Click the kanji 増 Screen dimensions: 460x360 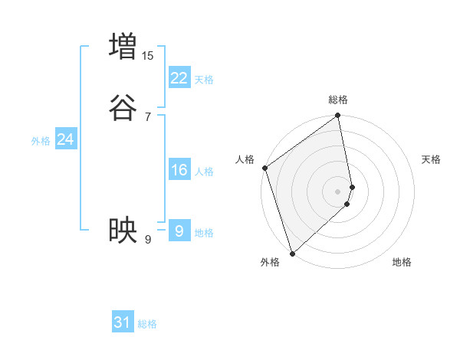[123, 46]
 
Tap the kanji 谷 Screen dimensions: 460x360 [123, 106]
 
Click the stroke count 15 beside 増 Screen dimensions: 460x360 [147, 56]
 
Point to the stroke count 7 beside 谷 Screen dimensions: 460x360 [148, 117]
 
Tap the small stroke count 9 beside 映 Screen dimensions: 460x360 [148, 241]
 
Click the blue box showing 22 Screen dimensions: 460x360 [179, 77]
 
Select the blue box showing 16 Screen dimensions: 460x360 [179, 169]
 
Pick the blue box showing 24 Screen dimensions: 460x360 [66, 139]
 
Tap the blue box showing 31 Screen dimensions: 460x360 [123, 322]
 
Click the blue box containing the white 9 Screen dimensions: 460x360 [179, 231]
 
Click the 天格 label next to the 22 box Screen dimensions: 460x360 [204, 80]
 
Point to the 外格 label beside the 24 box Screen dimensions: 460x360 [41, 141]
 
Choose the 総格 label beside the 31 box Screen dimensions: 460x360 [147, 325]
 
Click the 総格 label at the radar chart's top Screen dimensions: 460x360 [338, 100]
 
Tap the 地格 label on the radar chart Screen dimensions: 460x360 [402, 263]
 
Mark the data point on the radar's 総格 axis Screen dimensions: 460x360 [338, 116]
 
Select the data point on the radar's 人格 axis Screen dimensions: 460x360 [264, 168]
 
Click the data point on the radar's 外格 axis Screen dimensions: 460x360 [291, 254]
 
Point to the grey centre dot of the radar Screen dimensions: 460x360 [338, 191]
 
